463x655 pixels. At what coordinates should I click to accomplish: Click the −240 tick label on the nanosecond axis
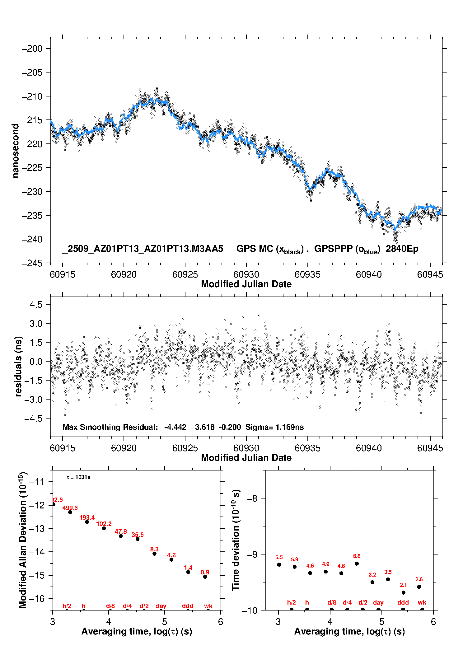click(32, 239)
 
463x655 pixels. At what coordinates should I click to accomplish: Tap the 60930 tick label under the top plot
click(246, 274)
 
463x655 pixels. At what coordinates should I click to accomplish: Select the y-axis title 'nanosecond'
click(15, 151)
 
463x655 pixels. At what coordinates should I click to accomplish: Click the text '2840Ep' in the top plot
click(402, 249)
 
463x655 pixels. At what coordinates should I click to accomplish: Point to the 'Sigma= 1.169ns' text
click(274, 427)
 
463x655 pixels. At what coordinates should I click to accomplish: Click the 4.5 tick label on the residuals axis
click(36, 305)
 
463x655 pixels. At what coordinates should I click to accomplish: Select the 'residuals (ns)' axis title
click(19, 366)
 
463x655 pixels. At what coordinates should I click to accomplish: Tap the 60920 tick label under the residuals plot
click(124, 448)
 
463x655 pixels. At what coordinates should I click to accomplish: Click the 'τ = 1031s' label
click(78, 477)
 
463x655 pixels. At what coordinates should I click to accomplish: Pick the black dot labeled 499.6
click(70, 512)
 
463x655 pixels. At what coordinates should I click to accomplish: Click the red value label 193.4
click(87, 517)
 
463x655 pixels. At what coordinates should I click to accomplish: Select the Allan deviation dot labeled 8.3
click(154, 554)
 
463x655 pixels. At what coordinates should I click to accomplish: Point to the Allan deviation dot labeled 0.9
click(205, 577)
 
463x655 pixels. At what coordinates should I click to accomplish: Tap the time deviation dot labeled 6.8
click(357, 564)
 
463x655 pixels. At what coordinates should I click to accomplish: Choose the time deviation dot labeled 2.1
click(404, 592)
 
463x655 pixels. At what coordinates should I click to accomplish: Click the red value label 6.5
click(279, 557)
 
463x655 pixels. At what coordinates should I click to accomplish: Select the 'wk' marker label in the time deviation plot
click(422, 603)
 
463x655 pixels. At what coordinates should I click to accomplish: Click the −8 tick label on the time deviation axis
click(252, 498)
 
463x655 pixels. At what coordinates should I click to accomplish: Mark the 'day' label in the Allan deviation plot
click(161, 606)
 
